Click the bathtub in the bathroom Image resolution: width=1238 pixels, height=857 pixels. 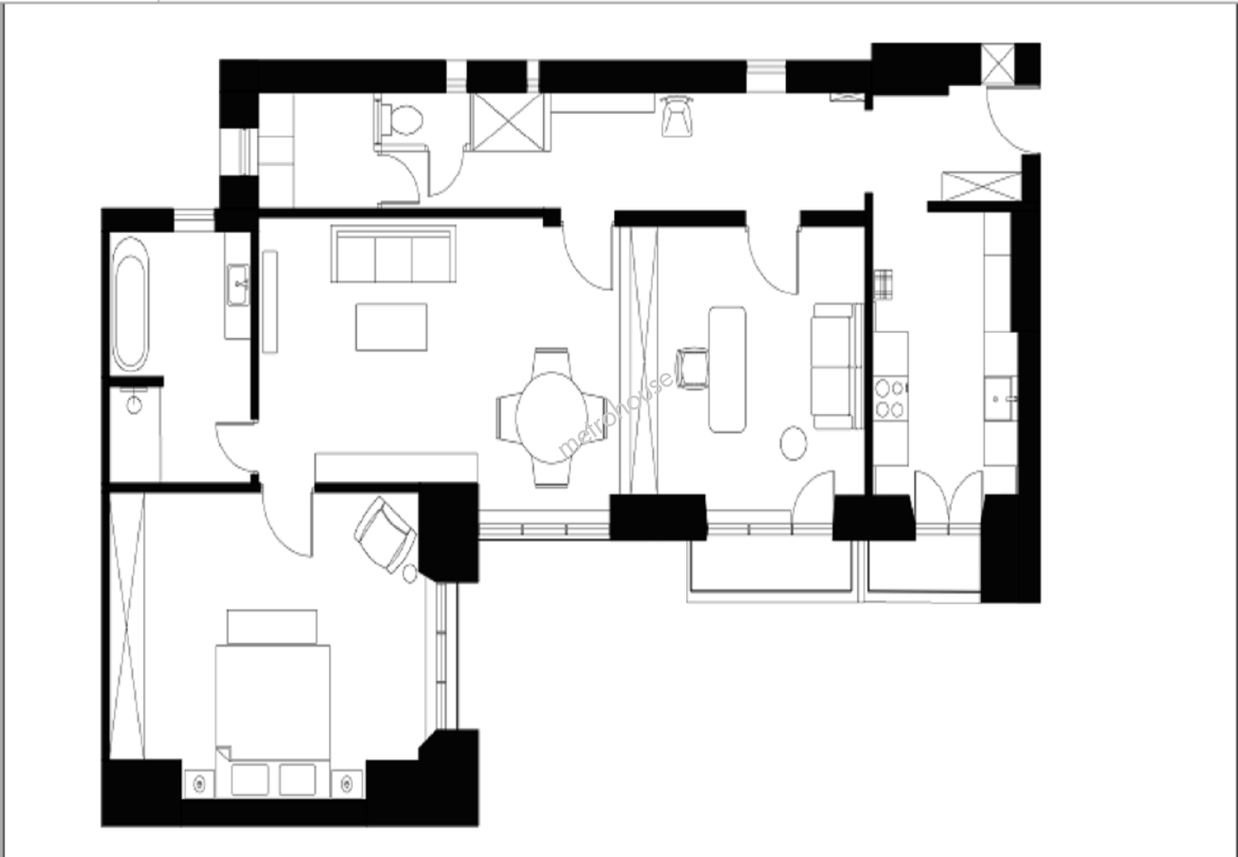[130, 305]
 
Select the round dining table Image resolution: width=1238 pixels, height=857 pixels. [552, 417]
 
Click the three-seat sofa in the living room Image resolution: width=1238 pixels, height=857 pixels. [394, 254]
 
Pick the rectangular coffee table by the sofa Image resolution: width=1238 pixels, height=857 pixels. [391, 327]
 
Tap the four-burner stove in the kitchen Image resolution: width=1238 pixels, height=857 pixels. [890, 398]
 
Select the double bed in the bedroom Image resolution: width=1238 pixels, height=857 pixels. [273, 721]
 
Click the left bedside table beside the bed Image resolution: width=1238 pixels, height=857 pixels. [199, 783]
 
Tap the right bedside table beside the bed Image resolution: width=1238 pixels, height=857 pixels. [347, 783]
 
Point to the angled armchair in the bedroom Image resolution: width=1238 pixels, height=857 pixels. [385, 534]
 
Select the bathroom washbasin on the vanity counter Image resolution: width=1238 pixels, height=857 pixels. [237, 285]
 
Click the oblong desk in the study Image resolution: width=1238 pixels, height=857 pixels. [727, 369]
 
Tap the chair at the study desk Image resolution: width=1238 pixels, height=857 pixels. [693, 368]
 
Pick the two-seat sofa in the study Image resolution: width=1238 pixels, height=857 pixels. [836, 366]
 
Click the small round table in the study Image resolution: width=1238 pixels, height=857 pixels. [793, 443]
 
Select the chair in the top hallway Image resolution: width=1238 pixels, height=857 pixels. [676, 116]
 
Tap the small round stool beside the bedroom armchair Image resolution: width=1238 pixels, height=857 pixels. [409, 574]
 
